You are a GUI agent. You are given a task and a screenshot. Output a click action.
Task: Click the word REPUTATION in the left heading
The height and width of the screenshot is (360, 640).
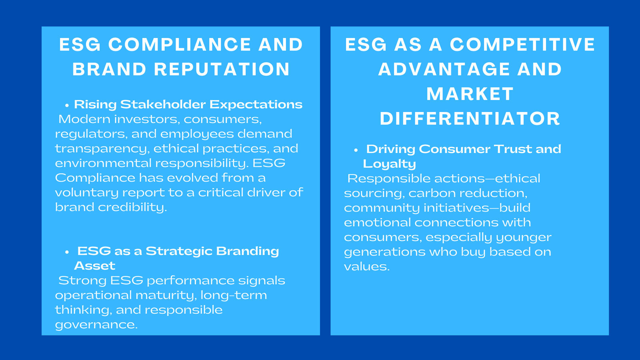[x=222, y=69]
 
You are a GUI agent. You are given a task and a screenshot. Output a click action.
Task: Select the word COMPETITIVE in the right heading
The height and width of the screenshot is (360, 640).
[x=522, y=44]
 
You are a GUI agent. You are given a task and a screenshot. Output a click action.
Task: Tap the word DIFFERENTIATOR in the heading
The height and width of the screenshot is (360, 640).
[x=470, y=119]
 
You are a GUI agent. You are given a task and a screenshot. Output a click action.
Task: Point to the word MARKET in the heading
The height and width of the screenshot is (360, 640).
[x=470, y=94]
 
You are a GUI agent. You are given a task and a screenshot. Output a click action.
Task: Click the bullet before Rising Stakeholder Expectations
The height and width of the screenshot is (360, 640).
[x=67, y=105]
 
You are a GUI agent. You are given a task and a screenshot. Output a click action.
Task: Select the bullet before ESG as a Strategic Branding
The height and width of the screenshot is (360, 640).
[x=67, y=252]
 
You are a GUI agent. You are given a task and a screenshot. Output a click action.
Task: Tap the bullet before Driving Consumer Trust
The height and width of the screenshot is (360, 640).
[x=356, y=150]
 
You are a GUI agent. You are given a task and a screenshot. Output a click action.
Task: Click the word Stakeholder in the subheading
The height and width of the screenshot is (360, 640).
[x=163, y=104]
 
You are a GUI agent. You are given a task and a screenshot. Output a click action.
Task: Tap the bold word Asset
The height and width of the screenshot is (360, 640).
[x=94, y=266]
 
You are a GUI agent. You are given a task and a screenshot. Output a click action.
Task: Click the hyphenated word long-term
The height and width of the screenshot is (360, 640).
[x=234, y=295]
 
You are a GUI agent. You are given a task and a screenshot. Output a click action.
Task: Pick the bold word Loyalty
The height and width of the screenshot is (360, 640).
[x=389, y=164]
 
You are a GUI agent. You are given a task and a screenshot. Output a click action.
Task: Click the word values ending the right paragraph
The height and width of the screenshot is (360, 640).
[x=366, y=266]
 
